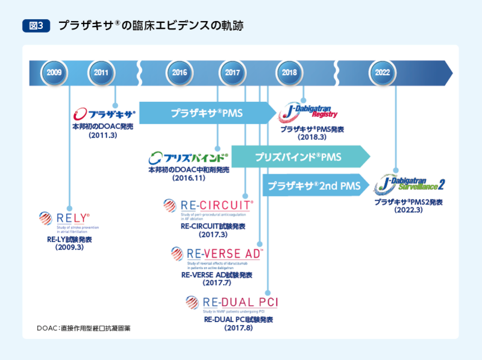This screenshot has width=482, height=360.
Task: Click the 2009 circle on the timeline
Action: (54, 72)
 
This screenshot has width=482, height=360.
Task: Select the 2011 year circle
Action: (101, 72)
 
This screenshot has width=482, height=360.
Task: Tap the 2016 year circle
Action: (180, 72)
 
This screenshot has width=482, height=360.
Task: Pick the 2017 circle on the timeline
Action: (233, 72)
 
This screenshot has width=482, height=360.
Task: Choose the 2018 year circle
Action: (289, 72)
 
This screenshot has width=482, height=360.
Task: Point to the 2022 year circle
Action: (382, 72)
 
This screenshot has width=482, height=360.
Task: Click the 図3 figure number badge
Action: (35, 25)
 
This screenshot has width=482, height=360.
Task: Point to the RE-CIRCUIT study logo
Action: (208, 209)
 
